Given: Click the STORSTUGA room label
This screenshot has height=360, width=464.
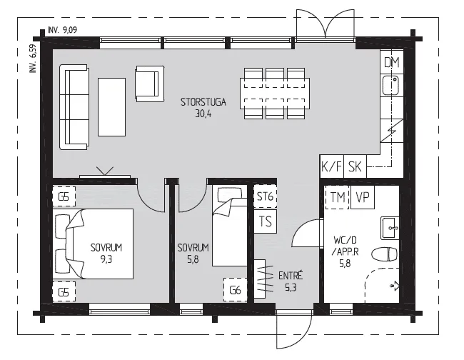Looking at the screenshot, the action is coord(203,102).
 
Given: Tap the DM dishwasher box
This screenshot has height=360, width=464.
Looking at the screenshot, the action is coord(391,62).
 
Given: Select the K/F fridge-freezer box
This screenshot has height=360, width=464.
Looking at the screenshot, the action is coord(331,166).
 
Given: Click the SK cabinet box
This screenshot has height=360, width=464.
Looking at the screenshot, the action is coord(355,166).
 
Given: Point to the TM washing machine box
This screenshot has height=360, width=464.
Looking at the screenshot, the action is coord(338,197).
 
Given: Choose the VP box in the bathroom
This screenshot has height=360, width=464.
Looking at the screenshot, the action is coord(363,197).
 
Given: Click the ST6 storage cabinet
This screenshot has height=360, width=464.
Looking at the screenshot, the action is coord(265,196).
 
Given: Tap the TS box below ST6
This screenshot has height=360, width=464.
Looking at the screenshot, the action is coord(265,221).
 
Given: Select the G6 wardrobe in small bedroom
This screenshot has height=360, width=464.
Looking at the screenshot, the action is coord(236,290).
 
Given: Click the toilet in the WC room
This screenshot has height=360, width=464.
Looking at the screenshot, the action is coord(384,254).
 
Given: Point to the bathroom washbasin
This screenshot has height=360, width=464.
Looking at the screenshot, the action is coord(390,228).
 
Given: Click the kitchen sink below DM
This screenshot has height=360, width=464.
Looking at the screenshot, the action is coord(390,85).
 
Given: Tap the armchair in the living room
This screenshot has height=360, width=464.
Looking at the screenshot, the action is coord(150,84).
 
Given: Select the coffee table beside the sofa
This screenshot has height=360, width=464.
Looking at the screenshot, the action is coord(111,107).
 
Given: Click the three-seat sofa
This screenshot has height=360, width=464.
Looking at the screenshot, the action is coord(74,107).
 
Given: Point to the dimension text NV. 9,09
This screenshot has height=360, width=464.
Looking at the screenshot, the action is coord(62,30).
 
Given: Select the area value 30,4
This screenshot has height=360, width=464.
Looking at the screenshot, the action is coord(203,114).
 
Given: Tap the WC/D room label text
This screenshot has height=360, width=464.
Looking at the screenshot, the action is coord(345,239).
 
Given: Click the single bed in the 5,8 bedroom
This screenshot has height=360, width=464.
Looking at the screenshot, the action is coord(230,226).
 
